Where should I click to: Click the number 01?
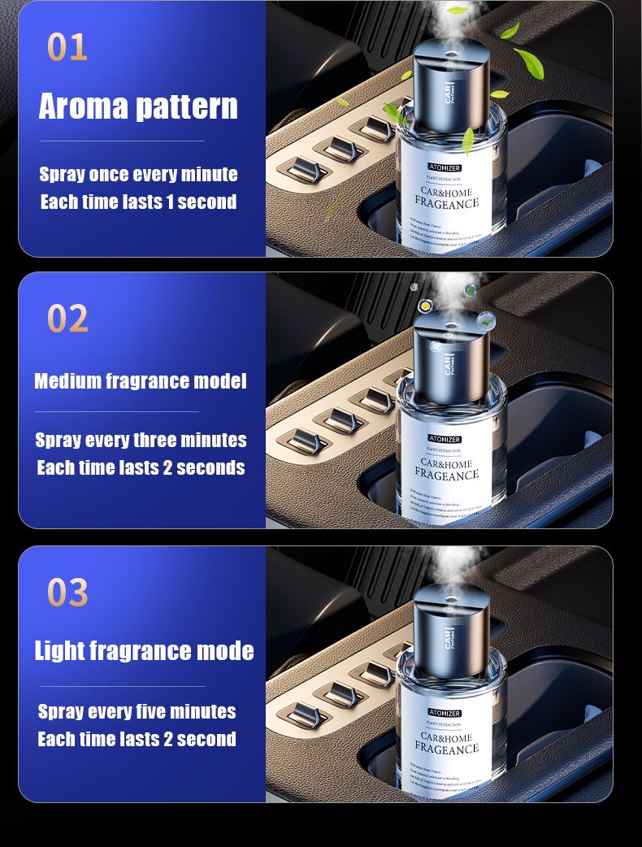tap(67, 46)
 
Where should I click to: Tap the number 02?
tap(67, 318)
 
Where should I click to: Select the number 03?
tap(67, 592)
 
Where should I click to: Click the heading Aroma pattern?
tap(138, 106)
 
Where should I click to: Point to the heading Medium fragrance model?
tap(140, 380)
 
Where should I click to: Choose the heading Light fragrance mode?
tap(144, 650)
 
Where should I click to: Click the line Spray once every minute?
tap(138, 174)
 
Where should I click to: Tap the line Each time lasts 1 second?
tap(138, 202)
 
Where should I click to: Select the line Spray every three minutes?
tap(141, 440)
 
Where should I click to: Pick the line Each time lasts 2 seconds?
tap(141, 467)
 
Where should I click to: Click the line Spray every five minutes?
tap(137, 711)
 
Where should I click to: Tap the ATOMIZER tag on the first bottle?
tap(445, 167)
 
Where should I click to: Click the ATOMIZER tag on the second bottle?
tap(445, 439)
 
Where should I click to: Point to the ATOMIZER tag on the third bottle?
tap(445, 713)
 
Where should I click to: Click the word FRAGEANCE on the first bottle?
tap(446, 202)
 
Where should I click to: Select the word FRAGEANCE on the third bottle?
tap(446, 749)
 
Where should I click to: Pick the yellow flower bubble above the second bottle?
tap(424, 306)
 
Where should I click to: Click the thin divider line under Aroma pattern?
tap(123, 141)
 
